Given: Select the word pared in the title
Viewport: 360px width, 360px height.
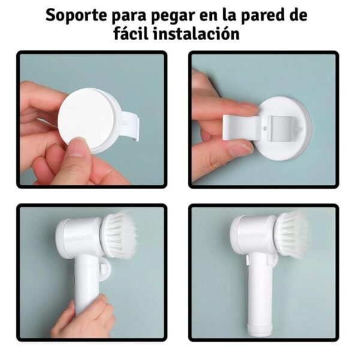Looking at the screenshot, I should pos(263,15).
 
